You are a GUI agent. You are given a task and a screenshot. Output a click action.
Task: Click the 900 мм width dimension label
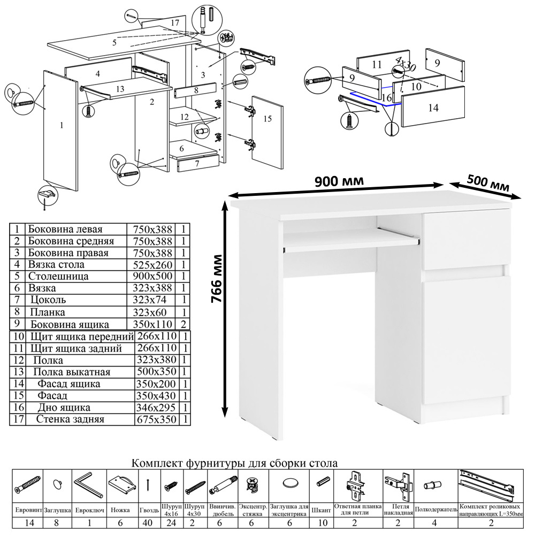pyautogui.click(x=340, y=181)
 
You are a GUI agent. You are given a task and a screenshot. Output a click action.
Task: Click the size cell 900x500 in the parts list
pyautogui.click(x=151, y=277)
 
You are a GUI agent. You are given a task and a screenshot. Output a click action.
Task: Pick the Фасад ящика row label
pyautogui.click(x=69, y=384)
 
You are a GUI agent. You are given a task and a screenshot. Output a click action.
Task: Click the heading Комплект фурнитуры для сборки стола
pyautogui.click(x=234, y=463)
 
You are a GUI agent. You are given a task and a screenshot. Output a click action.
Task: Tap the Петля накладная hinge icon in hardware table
pyautogui.click(x=399, y=485)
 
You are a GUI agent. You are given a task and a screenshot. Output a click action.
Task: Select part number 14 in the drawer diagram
pyautogui.click(x=433, y=108)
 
